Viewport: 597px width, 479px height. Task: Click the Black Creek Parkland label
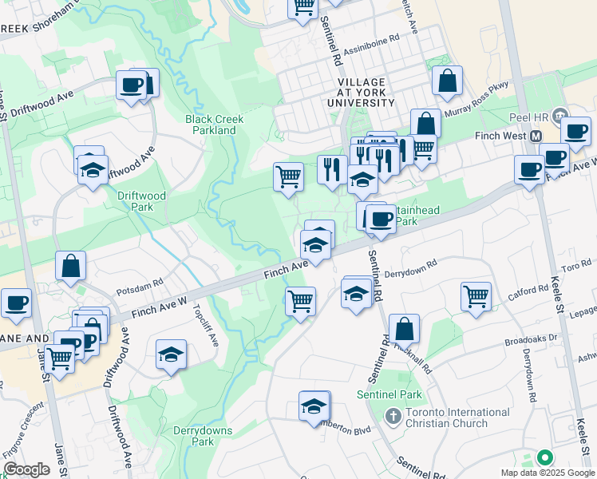[x=214, y=125]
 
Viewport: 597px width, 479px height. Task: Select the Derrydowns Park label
[x=204, y=436]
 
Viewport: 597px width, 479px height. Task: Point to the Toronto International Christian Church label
[x=457, y=418]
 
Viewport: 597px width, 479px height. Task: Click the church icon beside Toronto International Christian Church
[x=392, y=417]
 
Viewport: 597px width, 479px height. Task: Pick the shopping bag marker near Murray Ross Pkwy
[x=447, y=81]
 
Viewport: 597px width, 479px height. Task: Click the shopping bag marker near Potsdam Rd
[x=70, y=266]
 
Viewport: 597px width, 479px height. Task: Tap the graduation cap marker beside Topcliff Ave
[x=171, y=354]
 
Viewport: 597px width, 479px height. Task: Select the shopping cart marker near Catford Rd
[x=476, y=295]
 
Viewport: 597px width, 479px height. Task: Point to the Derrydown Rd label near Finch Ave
[x=411, y=270]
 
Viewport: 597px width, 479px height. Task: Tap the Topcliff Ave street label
[x=205, y=327]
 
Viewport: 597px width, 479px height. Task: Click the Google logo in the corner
[x=26, y=469]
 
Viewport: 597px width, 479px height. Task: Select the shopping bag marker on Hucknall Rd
[x=405, y=327]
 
